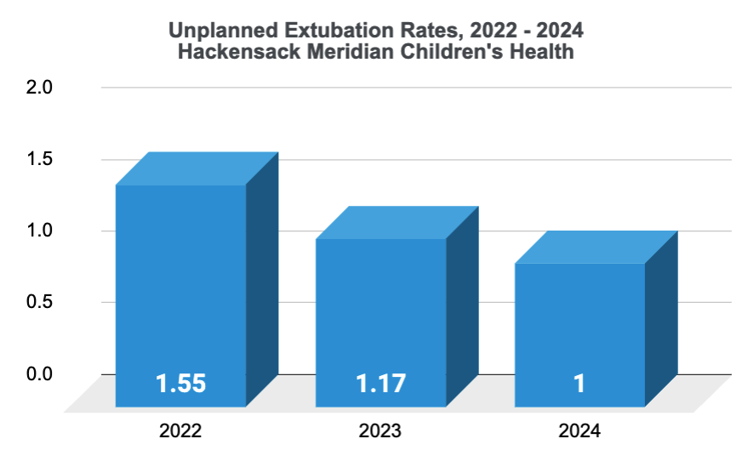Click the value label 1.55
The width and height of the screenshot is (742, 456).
coord(180,384)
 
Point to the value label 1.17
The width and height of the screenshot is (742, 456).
coord(380,384)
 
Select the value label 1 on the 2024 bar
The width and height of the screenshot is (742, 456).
coord(579,384)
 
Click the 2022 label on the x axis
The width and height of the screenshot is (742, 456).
coord(180,431)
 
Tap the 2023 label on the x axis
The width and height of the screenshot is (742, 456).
coord(380,431)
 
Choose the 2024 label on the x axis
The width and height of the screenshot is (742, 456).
coord(579,431)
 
